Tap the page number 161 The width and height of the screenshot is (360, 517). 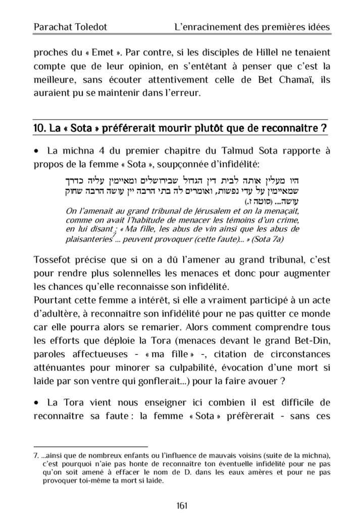point(180,505)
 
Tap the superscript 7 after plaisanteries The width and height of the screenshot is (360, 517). point(115,231)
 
